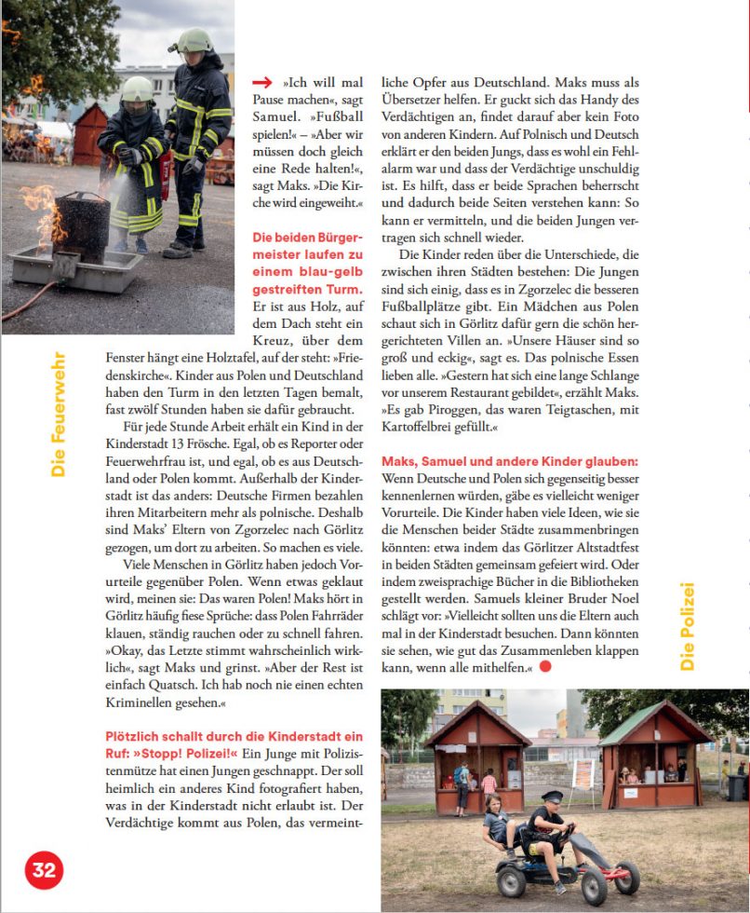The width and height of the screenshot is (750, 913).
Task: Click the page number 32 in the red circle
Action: [44, 870]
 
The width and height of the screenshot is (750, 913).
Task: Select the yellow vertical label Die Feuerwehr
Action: [59, 414]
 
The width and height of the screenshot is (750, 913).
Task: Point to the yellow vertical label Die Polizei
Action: [688, 626]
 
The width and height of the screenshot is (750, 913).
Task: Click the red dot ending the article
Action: [545, 666]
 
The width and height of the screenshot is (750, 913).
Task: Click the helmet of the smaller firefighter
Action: [137, 89]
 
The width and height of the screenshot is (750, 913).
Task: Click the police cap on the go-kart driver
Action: [552, 797]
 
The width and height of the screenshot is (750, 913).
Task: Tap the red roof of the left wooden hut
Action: [476, 723]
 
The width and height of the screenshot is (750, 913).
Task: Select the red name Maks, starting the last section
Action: [401, 461]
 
